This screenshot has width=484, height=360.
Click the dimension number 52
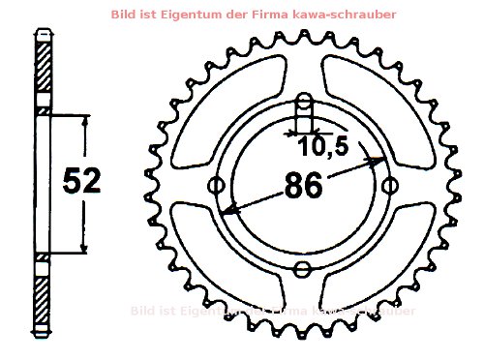[81, 182]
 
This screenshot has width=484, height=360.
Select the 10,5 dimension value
[322, 147]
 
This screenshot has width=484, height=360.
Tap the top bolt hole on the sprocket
[303, 103]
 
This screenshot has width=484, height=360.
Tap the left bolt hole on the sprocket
[216, 185]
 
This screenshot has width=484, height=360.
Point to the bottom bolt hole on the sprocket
[303, 270]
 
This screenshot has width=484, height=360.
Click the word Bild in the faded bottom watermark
[141, 311]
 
